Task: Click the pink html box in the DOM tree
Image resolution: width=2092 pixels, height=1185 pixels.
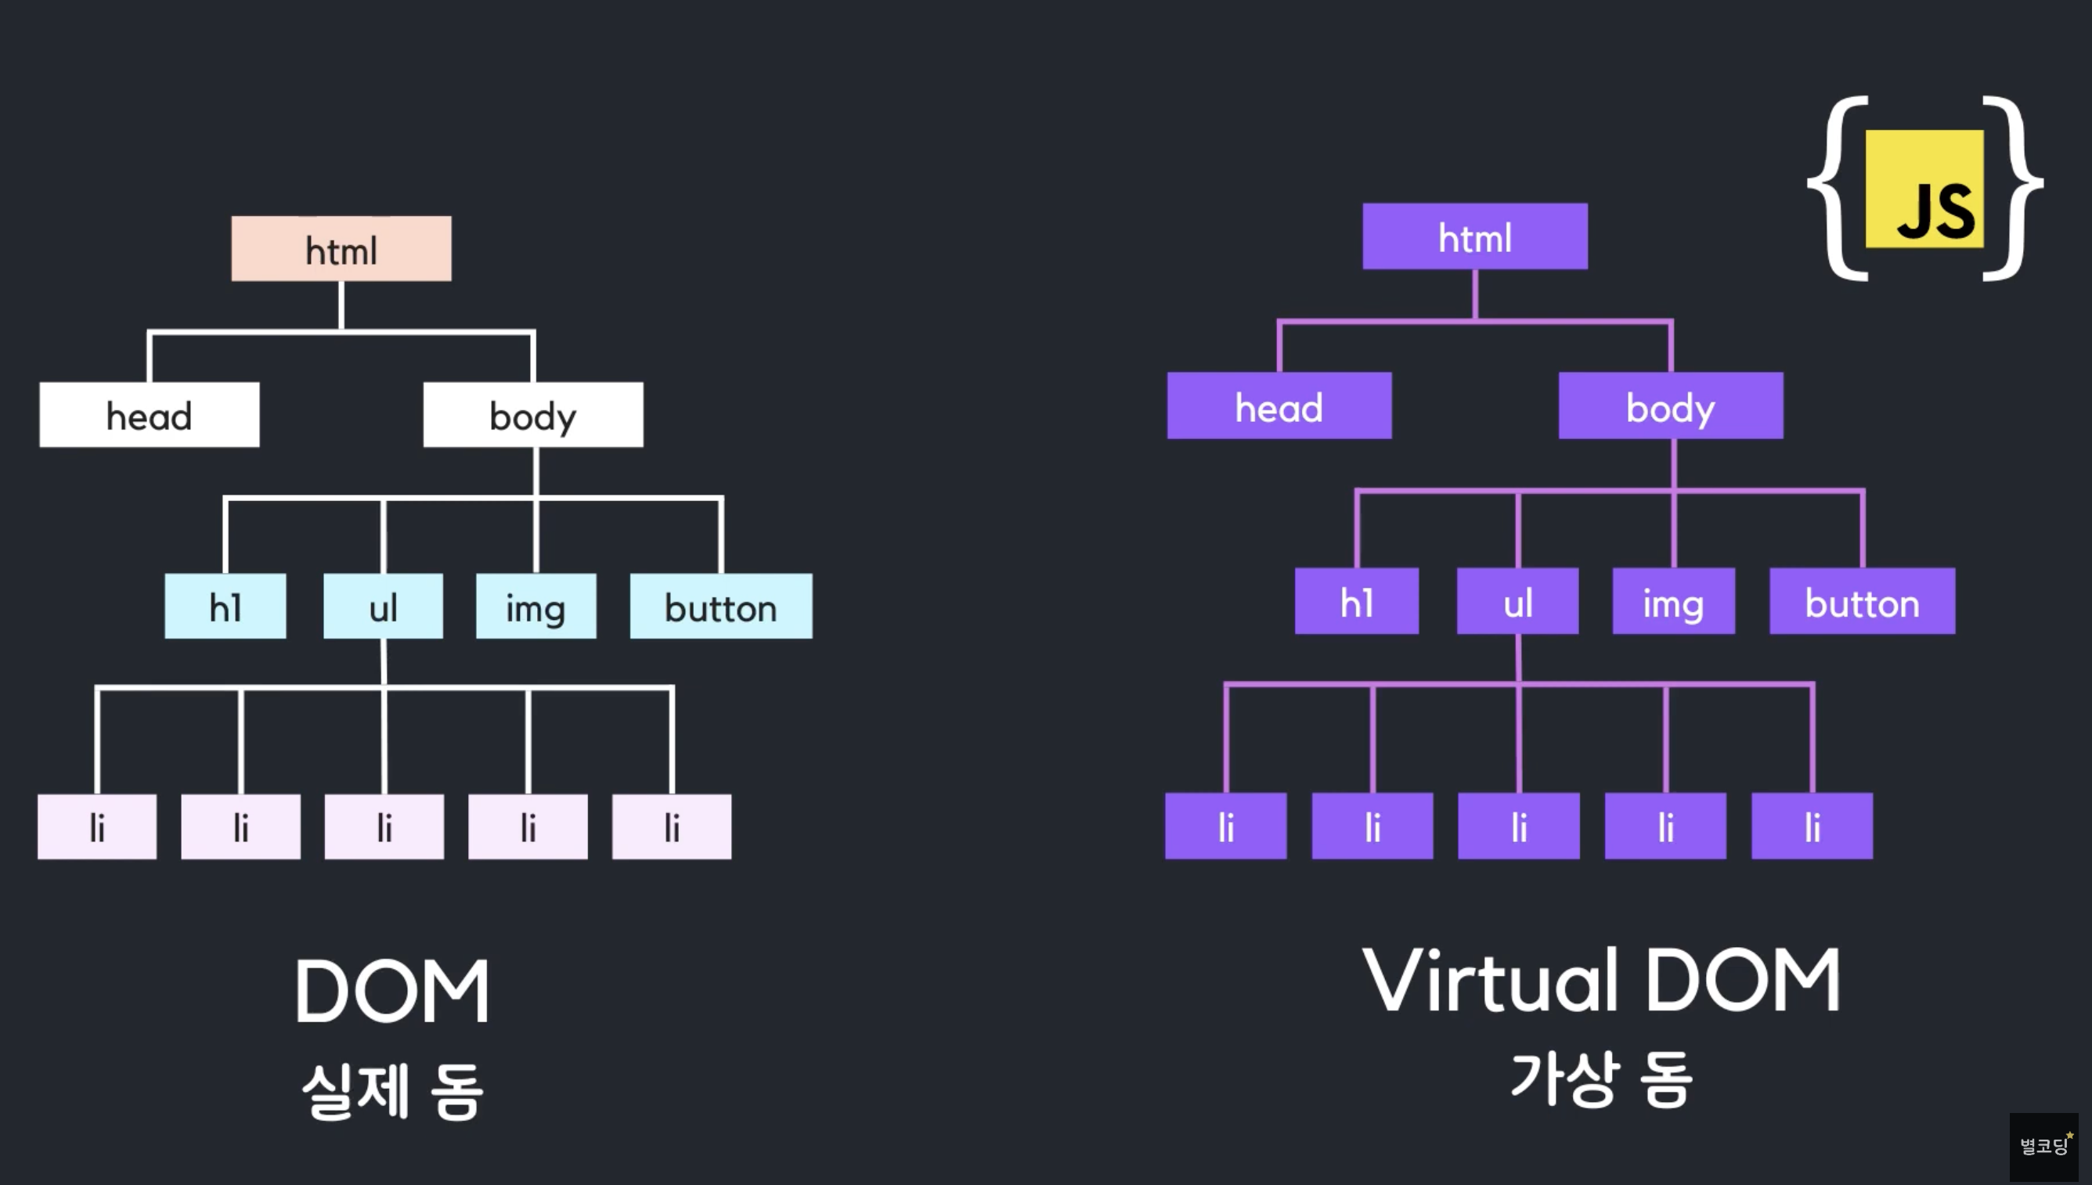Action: coord(341,249)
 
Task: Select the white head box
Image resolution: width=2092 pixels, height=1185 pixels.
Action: coord(149,415)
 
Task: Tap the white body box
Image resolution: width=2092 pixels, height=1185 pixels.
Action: coord(533,415)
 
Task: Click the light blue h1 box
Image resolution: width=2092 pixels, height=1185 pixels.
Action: coord(225,607)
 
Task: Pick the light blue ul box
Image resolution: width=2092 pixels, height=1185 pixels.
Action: coord(384,607)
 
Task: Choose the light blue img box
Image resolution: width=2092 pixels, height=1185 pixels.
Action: coord(536,607)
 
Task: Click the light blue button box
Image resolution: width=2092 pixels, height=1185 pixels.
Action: coord(721,607)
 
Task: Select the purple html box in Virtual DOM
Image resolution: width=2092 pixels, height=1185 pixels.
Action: coord(1475,237)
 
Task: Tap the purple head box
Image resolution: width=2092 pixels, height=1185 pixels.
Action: coord(1279,406)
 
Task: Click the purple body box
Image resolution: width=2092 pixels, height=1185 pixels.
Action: coord(1670,406)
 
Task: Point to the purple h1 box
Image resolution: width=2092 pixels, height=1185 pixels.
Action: coord(1357,601)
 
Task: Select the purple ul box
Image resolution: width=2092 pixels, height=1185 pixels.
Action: coord(1517,601)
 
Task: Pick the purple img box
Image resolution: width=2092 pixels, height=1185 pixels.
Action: coord(1673,601)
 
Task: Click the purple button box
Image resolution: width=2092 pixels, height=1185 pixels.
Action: coord(1862,601)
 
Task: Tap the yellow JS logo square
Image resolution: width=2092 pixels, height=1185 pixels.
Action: coord(1924,189)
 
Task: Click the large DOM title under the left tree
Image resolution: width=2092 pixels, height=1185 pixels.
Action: coord(391,992)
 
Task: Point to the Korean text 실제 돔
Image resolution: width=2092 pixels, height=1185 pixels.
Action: coord(392,1090)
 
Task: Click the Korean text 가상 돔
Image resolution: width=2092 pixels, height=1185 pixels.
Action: coord(1601,1079)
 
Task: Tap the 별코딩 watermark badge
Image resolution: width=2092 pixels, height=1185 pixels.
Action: coord(2043,1146)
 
